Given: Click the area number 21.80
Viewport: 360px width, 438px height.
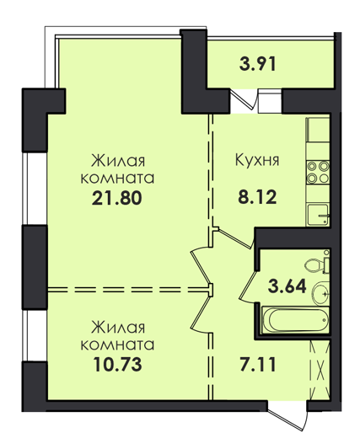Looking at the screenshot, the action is [116, 198].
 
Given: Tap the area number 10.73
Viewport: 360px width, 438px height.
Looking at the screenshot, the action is [117, 365].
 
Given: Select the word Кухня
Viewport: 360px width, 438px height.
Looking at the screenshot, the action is [257, 160].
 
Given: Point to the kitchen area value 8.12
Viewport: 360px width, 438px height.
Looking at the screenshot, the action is [257, 197].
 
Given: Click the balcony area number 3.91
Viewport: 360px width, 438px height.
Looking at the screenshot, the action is [258, 64].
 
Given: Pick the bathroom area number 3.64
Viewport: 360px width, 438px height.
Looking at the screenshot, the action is [287, 286].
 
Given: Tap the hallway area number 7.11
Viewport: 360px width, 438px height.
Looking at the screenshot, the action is [258, 365].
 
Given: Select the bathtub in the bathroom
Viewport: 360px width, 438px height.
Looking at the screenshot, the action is [295, 320].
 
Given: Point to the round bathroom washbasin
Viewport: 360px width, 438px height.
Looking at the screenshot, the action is [320, 294].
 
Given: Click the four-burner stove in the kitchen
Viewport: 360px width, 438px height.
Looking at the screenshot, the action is [318, 172].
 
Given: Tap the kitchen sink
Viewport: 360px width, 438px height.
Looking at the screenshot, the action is [318, 215].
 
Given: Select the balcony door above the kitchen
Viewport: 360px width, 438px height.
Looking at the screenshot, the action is [244, 99].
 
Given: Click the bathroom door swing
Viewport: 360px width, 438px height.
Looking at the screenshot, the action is [249, 286].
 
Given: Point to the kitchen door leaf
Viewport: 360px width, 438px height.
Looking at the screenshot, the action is [235, 239].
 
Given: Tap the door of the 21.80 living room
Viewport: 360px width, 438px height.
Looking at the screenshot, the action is [201, 265].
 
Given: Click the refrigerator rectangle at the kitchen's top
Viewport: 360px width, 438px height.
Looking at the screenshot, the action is [318, 130].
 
